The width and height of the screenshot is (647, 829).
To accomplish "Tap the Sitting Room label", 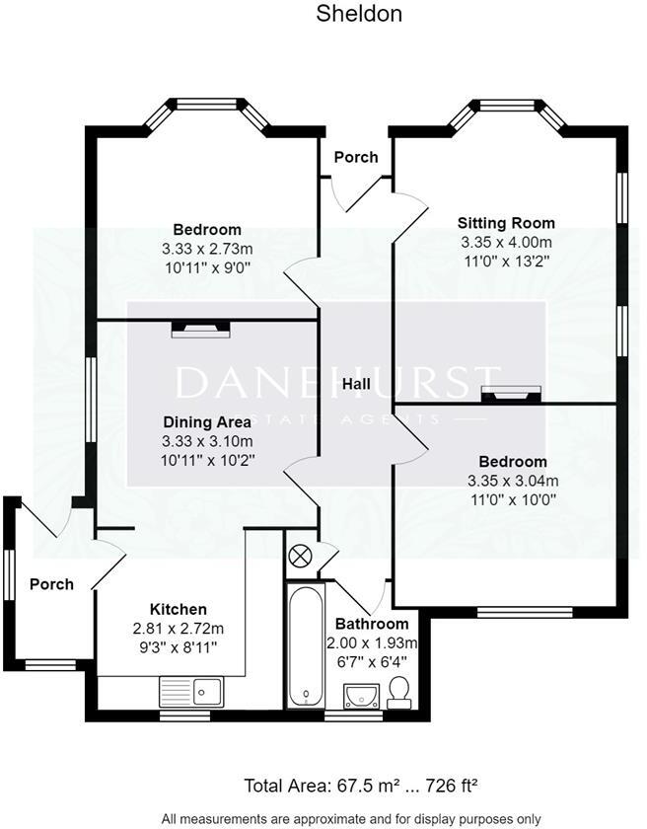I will (506, 223).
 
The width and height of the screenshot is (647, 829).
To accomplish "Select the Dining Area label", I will (207, 421).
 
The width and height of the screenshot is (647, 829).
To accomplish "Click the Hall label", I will (357, 383).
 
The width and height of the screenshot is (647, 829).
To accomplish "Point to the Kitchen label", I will (178, 609).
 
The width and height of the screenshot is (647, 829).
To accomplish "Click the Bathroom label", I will (372, 624).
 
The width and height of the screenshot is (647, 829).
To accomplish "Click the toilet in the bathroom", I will (400, 691).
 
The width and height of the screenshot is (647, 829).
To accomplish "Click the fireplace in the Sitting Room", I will (511, 396).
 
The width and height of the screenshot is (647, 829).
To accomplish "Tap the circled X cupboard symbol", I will (299, 557).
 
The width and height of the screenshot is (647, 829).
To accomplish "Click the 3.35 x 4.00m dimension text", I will (506, 242).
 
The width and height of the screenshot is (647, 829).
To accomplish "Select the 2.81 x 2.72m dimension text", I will (179, 628).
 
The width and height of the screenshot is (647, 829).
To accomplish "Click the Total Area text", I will (362, 787).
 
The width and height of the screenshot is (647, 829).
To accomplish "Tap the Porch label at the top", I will (356, 157).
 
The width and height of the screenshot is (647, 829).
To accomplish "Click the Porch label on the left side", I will (51, 584).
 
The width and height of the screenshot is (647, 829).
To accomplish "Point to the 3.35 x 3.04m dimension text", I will (513, 481).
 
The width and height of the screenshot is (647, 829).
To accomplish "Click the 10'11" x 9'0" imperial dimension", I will (207, 266).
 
